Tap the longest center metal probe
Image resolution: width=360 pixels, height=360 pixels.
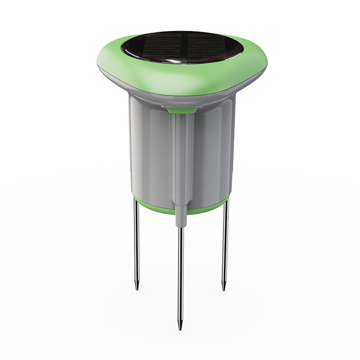(180, 273)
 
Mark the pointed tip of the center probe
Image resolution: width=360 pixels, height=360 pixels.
(180, 325)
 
